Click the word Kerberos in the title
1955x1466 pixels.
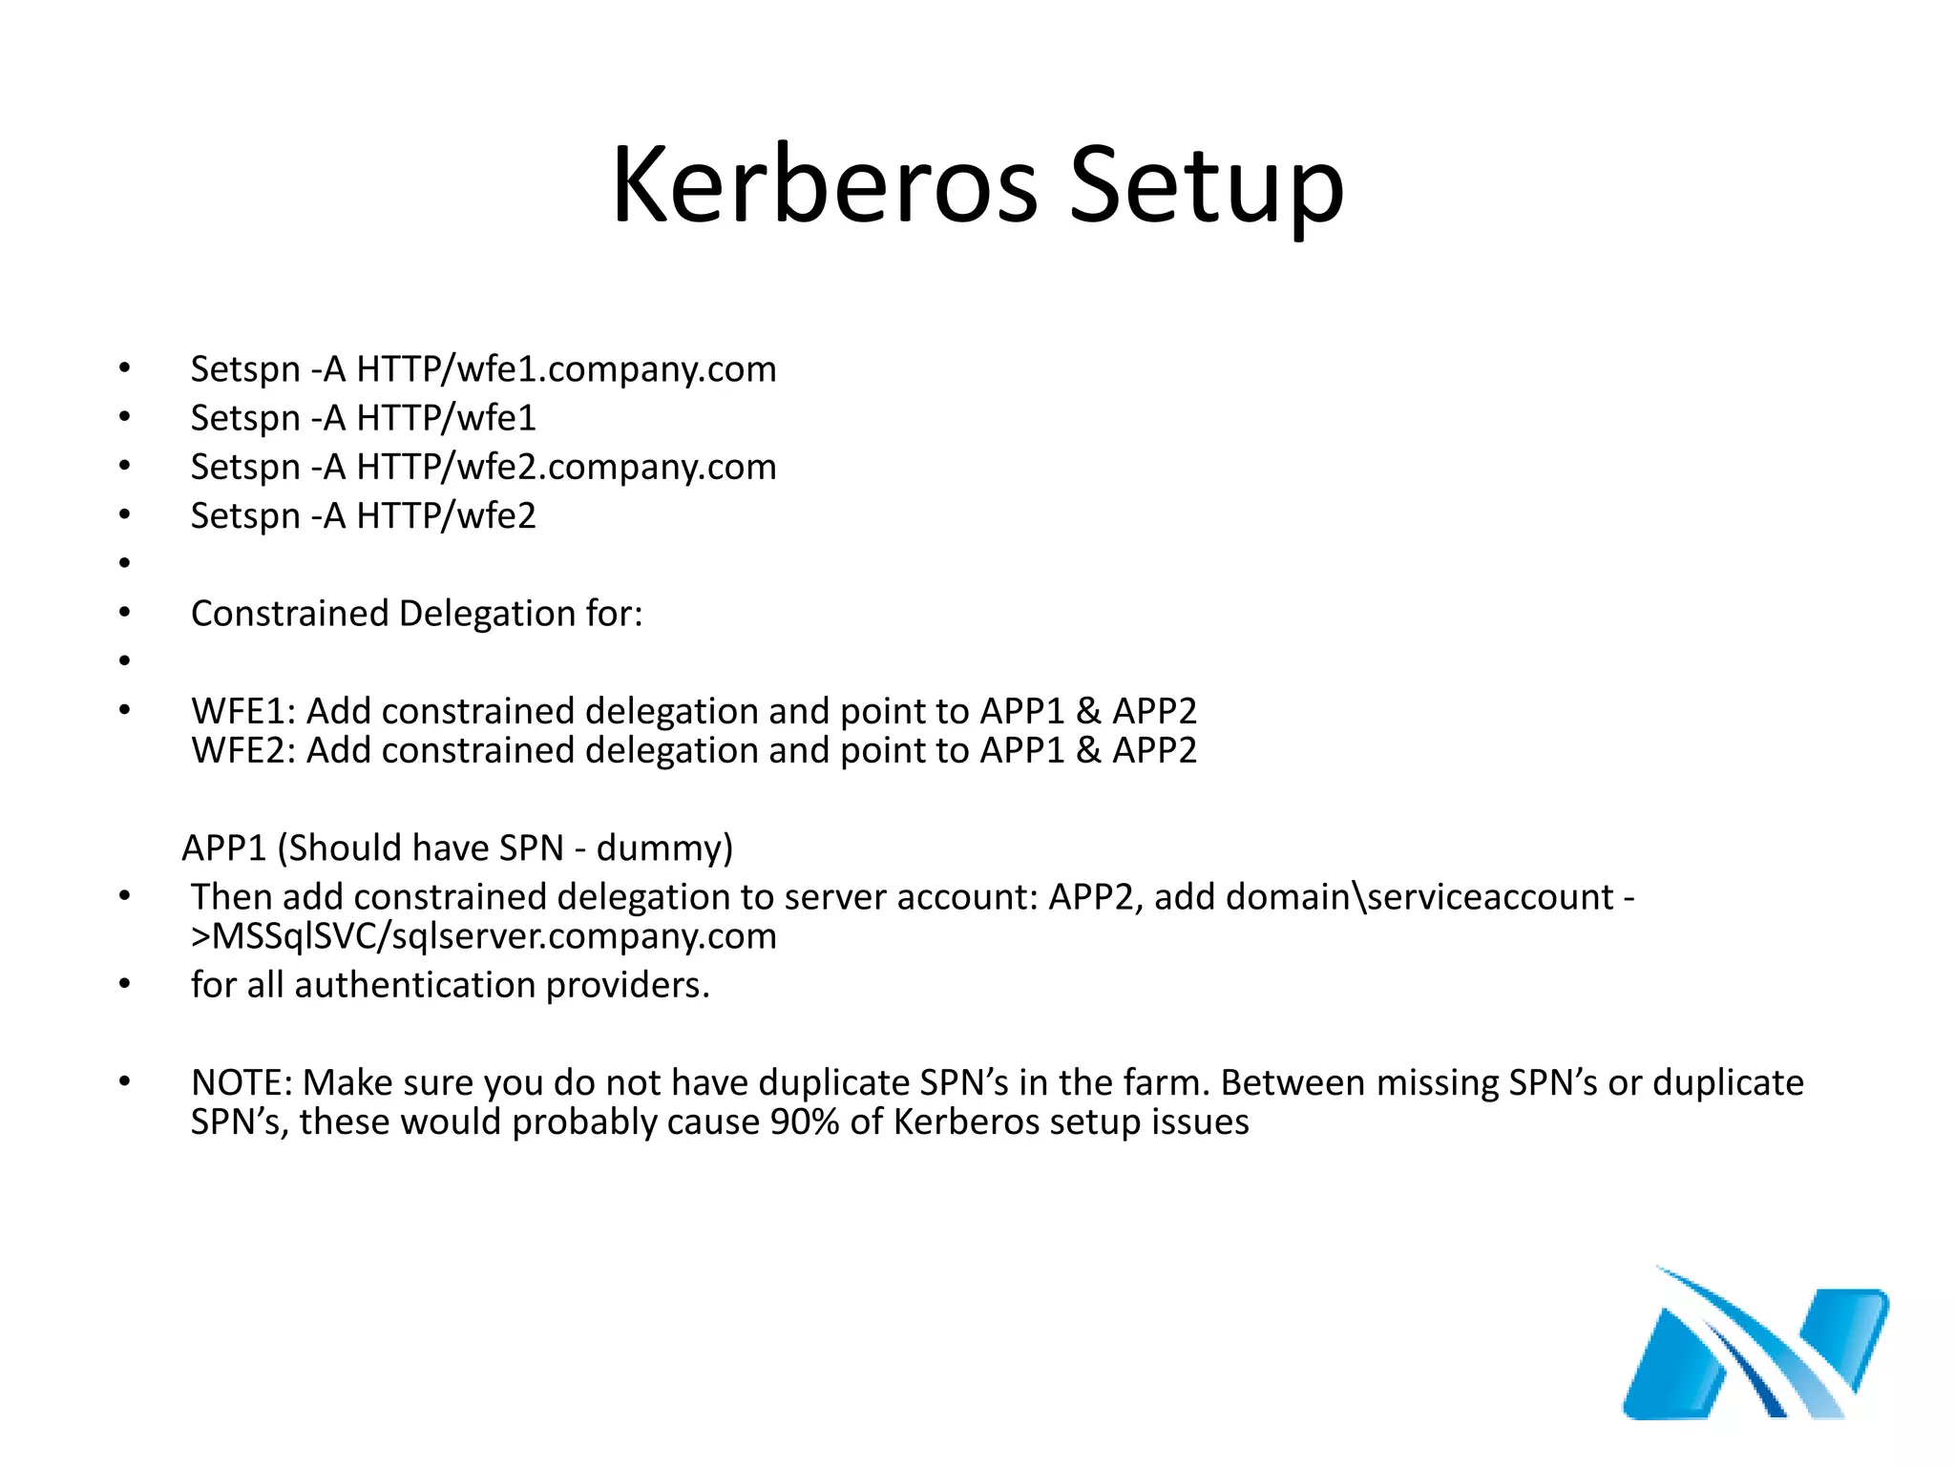click(824, 185)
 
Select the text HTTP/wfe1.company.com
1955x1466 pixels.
click(566, 369)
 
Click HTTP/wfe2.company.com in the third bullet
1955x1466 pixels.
click(566, 467)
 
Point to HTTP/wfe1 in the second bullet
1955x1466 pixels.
click(446, 418)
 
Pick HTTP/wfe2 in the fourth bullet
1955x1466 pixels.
click(446, 515)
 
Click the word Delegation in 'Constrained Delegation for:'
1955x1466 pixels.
click(486, 614)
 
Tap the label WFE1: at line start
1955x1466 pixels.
click(243, 711)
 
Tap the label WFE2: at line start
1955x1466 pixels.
click(243, 750)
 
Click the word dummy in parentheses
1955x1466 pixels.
click(658, 848)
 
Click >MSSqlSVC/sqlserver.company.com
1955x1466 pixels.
click(484, 936)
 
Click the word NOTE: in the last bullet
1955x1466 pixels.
click(242, 1083)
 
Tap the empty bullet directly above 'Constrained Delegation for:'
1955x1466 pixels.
click(124, 563)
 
